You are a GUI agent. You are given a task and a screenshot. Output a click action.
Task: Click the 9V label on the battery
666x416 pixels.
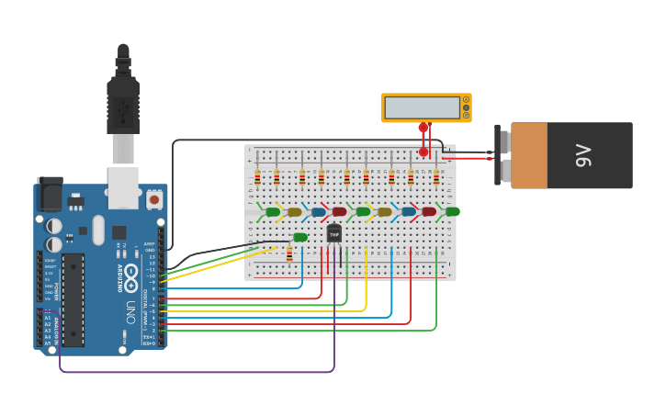click(582, 155)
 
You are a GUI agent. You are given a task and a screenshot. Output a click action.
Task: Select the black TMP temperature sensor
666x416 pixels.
click(333, 234)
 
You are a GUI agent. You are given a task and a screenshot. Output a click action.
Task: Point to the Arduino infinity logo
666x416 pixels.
click(130, 274)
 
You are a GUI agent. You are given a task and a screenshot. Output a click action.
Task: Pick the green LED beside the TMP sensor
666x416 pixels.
click(300, 238)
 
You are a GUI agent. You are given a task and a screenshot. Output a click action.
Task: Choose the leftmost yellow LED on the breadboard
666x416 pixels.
click(294, 212)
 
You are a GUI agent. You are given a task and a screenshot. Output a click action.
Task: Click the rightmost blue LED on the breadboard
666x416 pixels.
click(408, 212)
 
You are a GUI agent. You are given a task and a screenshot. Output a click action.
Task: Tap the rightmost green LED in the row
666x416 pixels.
click(452, 211)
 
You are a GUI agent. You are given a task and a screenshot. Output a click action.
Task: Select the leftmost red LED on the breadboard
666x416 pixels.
click(339, 212)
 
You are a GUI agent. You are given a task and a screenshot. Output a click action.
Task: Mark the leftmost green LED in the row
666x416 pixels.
click(273, 212)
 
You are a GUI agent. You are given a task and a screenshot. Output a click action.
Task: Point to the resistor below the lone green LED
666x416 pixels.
click(289, 253)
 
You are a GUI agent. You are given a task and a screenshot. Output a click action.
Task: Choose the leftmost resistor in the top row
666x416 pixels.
click(257, 177)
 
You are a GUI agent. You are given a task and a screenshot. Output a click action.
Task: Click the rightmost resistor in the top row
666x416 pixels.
click(435, 177)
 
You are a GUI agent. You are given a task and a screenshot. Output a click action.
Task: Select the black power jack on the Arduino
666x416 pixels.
click(51, 196)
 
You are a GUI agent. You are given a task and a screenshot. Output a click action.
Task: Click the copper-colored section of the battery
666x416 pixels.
click(529, 155)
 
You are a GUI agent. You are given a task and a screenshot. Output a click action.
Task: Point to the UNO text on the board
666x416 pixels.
click(130, 303)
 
